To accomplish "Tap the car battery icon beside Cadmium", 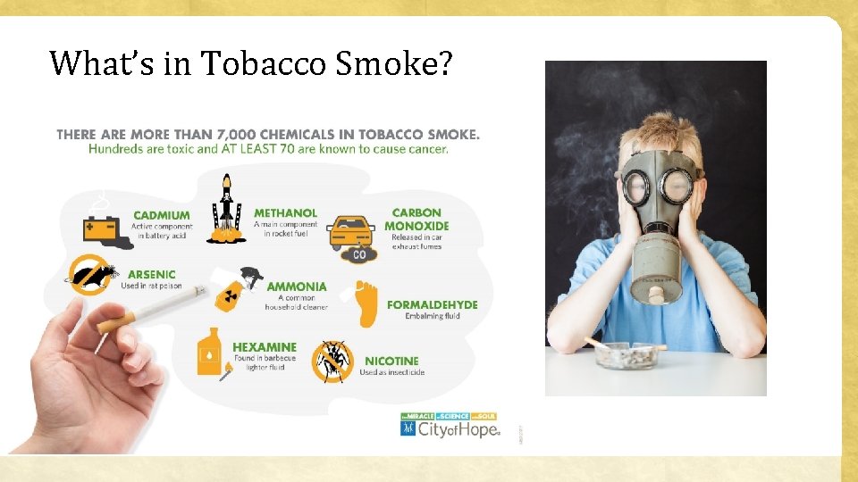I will click(x=100, y=229).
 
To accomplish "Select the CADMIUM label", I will click(x=161, y=215).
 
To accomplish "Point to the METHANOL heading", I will click(x=285, y=213).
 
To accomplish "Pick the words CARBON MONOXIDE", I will click(x=416, y=220).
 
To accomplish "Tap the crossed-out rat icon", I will click(x=93, y=276).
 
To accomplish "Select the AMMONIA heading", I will click(x=297, y=287).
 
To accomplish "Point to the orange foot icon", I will click(x=365, y=303).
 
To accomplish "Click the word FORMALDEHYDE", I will click(x=432, y=304).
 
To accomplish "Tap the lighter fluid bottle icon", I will click(x=208, y=351).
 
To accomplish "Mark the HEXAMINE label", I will click(x=265, y=347).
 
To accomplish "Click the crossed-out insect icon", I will click(x=332, y=361).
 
